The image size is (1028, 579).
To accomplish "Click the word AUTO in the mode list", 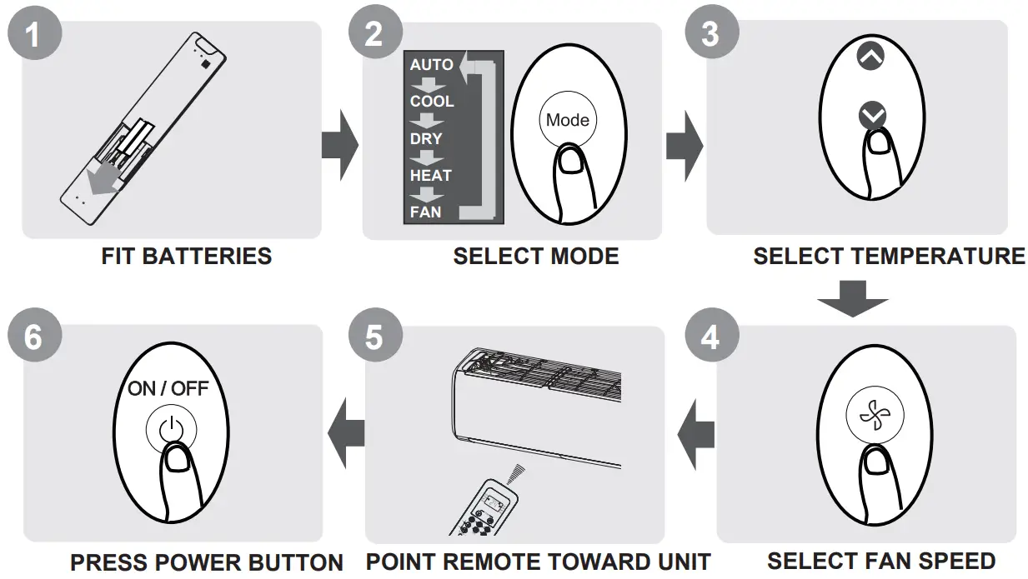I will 431,65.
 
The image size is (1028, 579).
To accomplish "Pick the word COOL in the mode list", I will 432,102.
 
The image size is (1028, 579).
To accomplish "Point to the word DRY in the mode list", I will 426,138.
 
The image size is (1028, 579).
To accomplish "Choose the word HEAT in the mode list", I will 430,175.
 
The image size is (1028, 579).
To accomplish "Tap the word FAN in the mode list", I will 425,212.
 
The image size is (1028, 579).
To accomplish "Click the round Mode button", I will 567,120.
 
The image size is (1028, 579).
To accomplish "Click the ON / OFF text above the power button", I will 168,388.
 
